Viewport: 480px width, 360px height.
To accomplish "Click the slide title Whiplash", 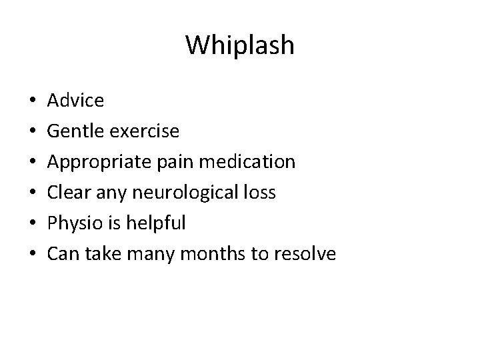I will pos(239,45).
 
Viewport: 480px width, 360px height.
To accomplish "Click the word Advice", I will pos(76,101).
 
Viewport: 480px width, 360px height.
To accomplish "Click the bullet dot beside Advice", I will pos(33,101).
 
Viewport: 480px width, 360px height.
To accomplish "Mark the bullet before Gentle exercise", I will pos(33,132).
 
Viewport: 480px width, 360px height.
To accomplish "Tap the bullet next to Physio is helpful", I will pos(33,224).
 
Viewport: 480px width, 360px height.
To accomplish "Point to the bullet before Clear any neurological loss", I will pos(33,193).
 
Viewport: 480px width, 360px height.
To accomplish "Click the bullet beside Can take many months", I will pos(33,255).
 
